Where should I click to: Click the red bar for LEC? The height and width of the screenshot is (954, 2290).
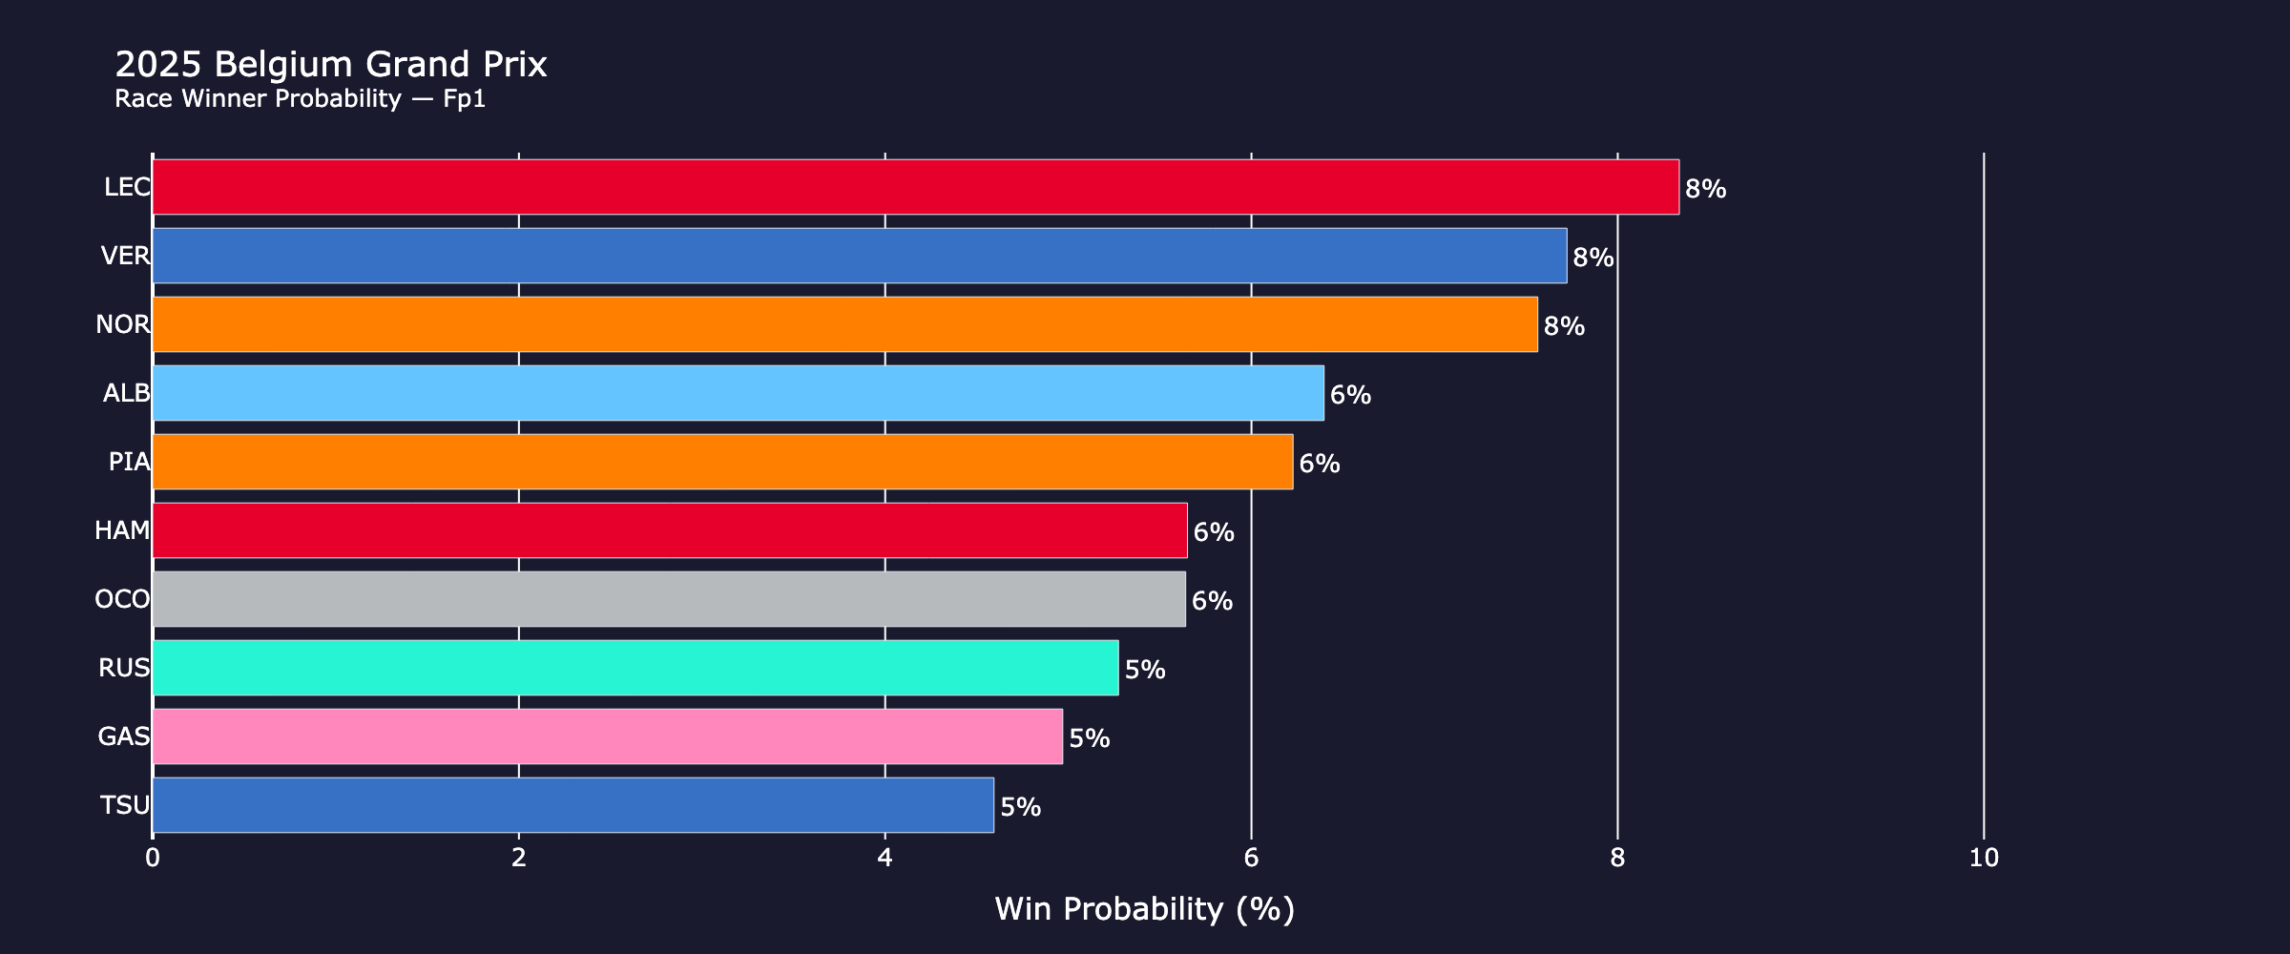(914, 187)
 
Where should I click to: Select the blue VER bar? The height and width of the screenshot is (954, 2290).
(859, 256)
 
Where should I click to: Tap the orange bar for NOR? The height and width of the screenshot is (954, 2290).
(844, 324)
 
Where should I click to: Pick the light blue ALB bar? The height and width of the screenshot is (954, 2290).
(738, 393)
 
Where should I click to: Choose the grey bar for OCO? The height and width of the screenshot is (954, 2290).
(668, 599)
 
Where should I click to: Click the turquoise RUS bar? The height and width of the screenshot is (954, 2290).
(635, 668)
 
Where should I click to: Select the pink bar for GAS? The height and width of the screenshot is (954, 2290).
(607, 736)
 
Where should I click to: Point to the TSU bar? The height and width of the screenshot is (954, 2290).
(572, 805)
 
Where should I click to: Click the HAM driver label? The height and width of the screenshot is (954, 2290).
(122, 530)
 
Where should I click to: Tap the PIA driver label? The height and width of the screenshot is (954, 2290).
(129, 462)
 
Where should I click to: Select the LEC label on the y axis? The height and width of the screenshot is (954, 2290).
(127, 187)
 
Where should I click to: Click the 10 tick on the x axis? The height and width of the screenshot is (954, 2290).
(1984, 859)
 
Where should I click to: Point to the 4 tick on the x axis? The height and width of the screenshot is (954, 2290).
(885, 859)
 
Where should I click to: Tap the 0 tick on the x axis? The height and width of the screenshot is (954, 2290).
(153, 859)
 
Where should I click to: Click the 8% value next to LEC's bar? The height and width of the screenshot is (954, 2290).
(1705, 189)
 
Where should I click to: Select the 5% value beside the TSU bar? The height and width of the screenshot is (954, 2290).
(1020, 807)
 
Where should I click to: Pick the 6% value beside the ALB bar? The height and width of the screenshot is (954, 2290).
(1350, 395)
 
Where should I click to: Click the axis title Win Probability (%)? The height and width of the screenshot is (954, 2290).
(1144, 909)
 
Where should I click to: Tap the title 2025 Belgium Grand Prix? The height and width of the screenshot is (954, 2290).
(330, 65)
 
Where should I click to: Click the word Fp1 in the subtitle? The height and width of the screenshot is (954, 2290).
(465, 99)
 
